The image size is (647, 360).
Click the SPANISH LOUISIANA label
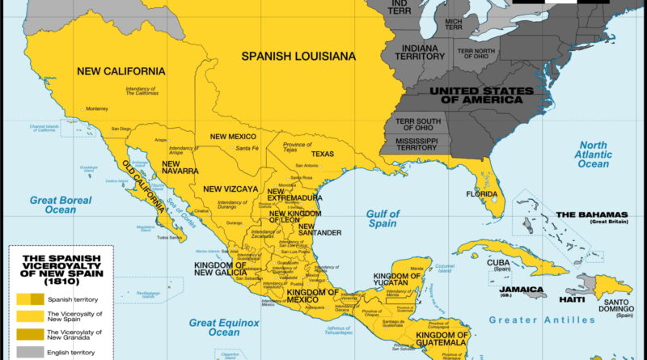click(299, 57)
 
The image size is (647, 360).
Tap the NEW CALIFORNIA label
click(121, 71)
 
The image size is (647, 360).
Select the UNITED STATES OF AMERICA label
click(480, 95)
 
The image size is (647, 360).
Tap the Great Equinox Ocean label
click(226, 326)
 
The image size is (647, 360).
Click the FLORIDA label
click(481, 194)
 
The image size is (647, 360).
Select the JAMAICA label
click(520, 289)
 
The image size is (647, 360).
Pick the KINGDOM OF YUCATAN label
click(397, 282)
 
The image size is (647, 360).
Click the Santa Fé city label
click(247, 149)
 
